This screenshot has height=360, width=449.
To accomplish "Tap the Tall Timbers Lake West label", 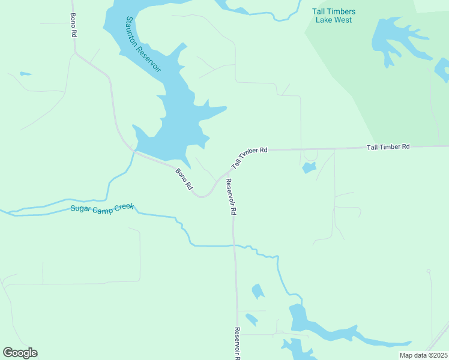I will (x=334, y=16).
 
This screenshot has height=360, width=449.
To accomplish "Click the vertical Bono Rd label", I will (x=73, y=25).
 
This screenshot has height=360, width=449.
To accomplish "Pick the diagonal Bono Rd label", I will (x=184, y=179).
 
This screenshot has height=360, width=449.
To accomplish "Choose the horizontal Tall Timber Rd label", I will (x=388, y=146).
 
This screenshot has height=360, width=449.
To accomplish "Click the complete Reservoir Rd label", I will (x=231, y=197).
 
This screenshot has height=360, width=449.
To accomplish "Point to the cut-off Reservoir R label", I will (x=238, y=343).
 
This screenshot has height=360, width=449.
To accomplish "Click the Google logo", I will (x=20, y=353).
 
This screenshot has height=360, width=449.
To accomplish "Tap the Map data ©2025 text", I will (x=423, y=355).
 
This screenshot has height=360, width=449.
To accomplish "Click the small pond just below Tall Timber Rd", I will (x=309, y=167).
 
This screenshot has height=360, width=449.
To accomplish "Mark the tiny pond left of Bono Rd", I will (x=25, y=74).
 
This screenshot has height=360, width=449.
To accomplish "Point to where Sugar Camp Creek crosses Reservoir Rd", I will (x=235, y=245).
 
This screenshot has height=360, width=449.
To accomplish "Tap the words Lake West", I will (x=334, y=20).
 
